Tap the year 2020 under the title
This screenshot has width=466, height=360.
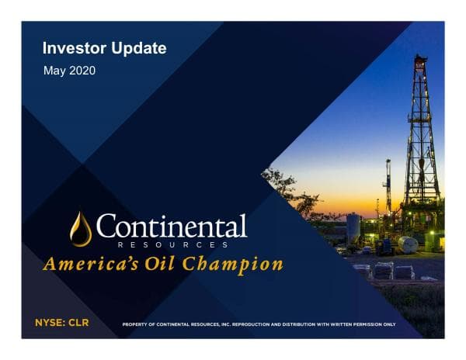pyautogui.click(x=82, y=71)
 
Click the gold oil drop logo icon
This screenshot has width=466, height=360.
pyautogui.click(x=80, y=229)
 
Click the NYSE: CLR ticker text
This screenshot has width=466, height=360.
pyautogui.click(x=63, y=321)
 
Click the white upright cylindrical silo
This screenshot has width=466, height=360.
pyautogui.click(x=353, y=227)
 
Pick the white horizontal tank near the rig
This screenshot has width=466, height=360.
pyautogui.click(x=407, y=244)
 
